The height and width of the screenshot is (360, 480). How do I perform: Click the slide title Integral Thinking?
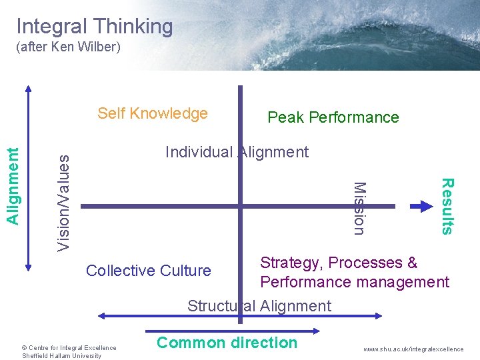coord(94,27)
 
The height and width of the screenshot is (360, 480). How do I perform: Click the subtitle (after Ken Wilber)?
coord(68,49)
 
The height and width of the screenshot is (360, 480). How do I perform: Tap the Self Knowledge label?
coord(153,113)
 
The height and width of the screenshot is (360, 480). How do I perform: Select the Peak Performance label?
coord(333,118)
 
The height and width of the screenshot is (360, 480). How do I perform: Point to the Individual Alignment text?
coord(237,152)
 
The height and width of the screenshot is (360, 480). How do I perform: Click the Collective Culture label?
coord(149,271)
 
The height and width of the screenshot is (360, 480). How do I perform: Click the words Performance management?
coord(355,282)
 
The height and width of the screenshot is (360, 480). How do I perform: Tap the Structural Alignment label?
coord(259,306)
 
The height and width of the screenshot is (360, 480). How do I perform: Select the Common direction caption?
coord(227,343)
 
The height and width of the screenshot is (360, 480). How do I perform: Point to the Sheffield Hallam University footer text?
coord(61,356)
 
